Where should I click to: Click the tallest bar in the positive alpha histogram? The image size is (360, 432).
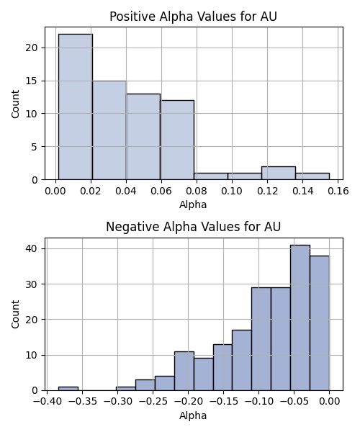76,107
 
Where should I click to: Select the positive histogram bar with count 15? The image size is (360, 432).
109,130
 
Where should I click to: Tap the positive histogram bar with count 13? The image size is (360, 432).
143,137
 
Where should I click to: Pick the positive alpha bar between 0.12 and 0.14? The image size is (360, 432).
279,173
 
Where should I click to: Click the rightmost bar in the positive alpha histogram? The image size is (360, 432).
312,176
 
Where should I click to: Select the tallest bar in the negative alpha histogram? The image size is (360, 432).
300,318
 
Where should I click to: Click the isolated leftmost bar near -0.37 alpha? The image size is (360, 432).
68,389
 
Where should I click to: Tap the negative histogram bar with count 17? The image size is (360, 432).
242,360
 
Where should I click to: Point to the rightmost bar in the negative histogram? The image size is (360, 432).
320,323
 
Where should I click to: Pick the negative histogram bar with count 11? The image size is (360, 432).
184,371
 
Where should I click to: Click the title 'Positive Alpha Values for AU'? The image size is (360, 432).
193,17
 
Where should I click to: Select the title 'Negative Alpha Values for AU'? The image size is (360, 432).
193,227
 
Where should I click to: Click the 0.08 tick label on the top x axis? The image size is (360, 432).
197,191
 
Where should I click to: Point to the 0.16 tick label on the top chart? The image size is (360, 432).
338,191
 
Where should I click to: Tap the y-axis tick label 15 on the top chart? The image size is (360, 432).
31,81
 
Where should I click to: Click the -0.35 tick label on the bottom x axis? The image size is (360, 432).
82,402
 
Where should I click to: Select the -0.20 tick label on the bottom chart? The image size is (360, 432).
188,402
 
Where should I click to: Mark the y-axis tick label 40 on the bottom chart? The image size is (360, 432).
31,248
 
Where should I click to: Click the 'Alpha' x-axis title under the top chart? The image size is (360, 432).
193,204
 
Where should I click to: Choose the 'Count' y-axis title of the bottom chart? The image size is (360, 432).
15,314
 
